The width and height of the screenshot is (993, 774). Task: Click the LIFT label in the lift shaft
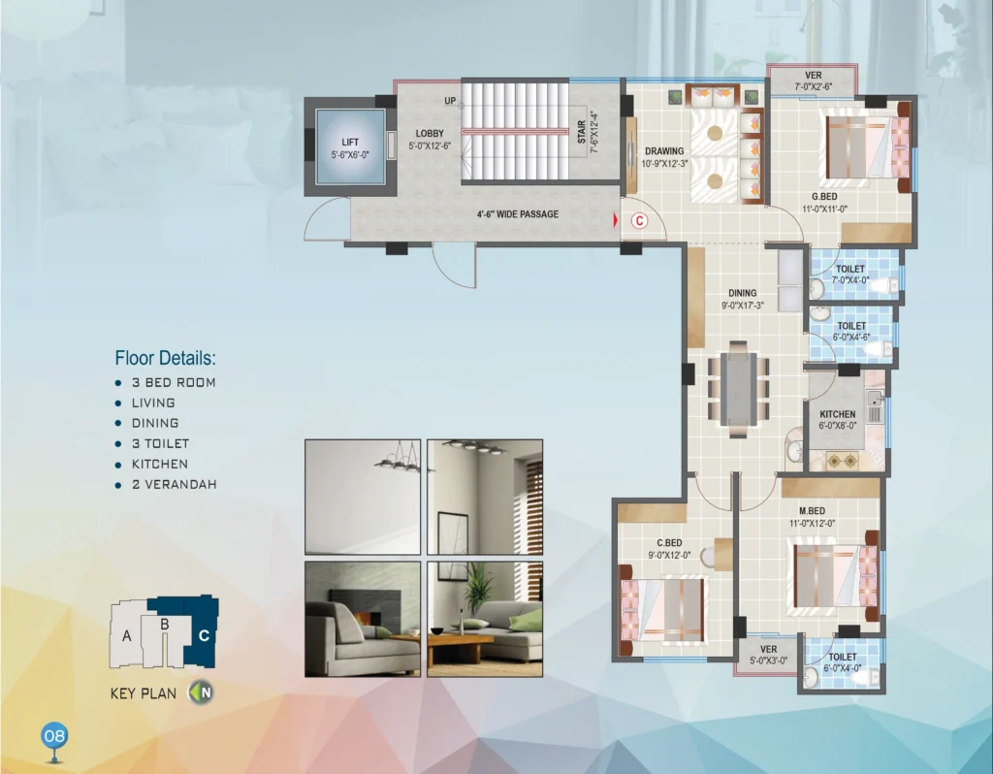[x=350, y=142]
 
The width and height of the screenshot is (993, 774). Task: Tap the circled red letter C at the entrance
[x=640, y=220]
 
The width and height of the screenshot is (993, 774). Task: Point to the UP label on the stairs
[x=450, y=101]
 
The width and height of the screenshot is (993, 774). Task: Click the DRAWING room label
[x=664, y=151]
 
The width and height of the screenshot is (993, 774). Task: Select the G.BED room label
[x=824, y=197]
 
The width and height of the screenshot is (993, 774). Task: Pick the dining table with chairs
[x=738, y=389]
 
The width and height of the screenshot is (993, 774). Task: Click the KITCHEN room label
[x=837, y=414]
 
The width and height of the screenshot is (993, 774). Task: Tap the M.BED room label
[x=812, y=510]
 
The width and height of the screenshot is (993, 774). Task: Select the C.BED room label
[x=669, y=543]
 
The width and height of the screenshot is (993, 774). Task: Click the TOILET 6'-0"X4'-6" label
[x=851, y=332]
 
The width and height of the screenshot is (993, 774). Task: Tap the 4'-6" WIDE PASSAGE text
[x=518, y=214]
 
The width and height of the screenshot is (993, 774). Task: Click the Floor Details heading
[x=165, y=358]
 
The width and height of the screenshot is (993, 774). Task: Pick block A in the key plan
[x=127, y=635]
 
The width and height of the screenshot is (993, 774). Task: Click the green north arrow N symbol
[x=201, y=693]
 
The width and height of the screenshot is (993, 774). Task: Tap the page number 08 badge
[x=54, y=736]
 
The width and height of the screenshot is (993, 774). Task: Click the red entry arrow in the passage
[x=615, y=220]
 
